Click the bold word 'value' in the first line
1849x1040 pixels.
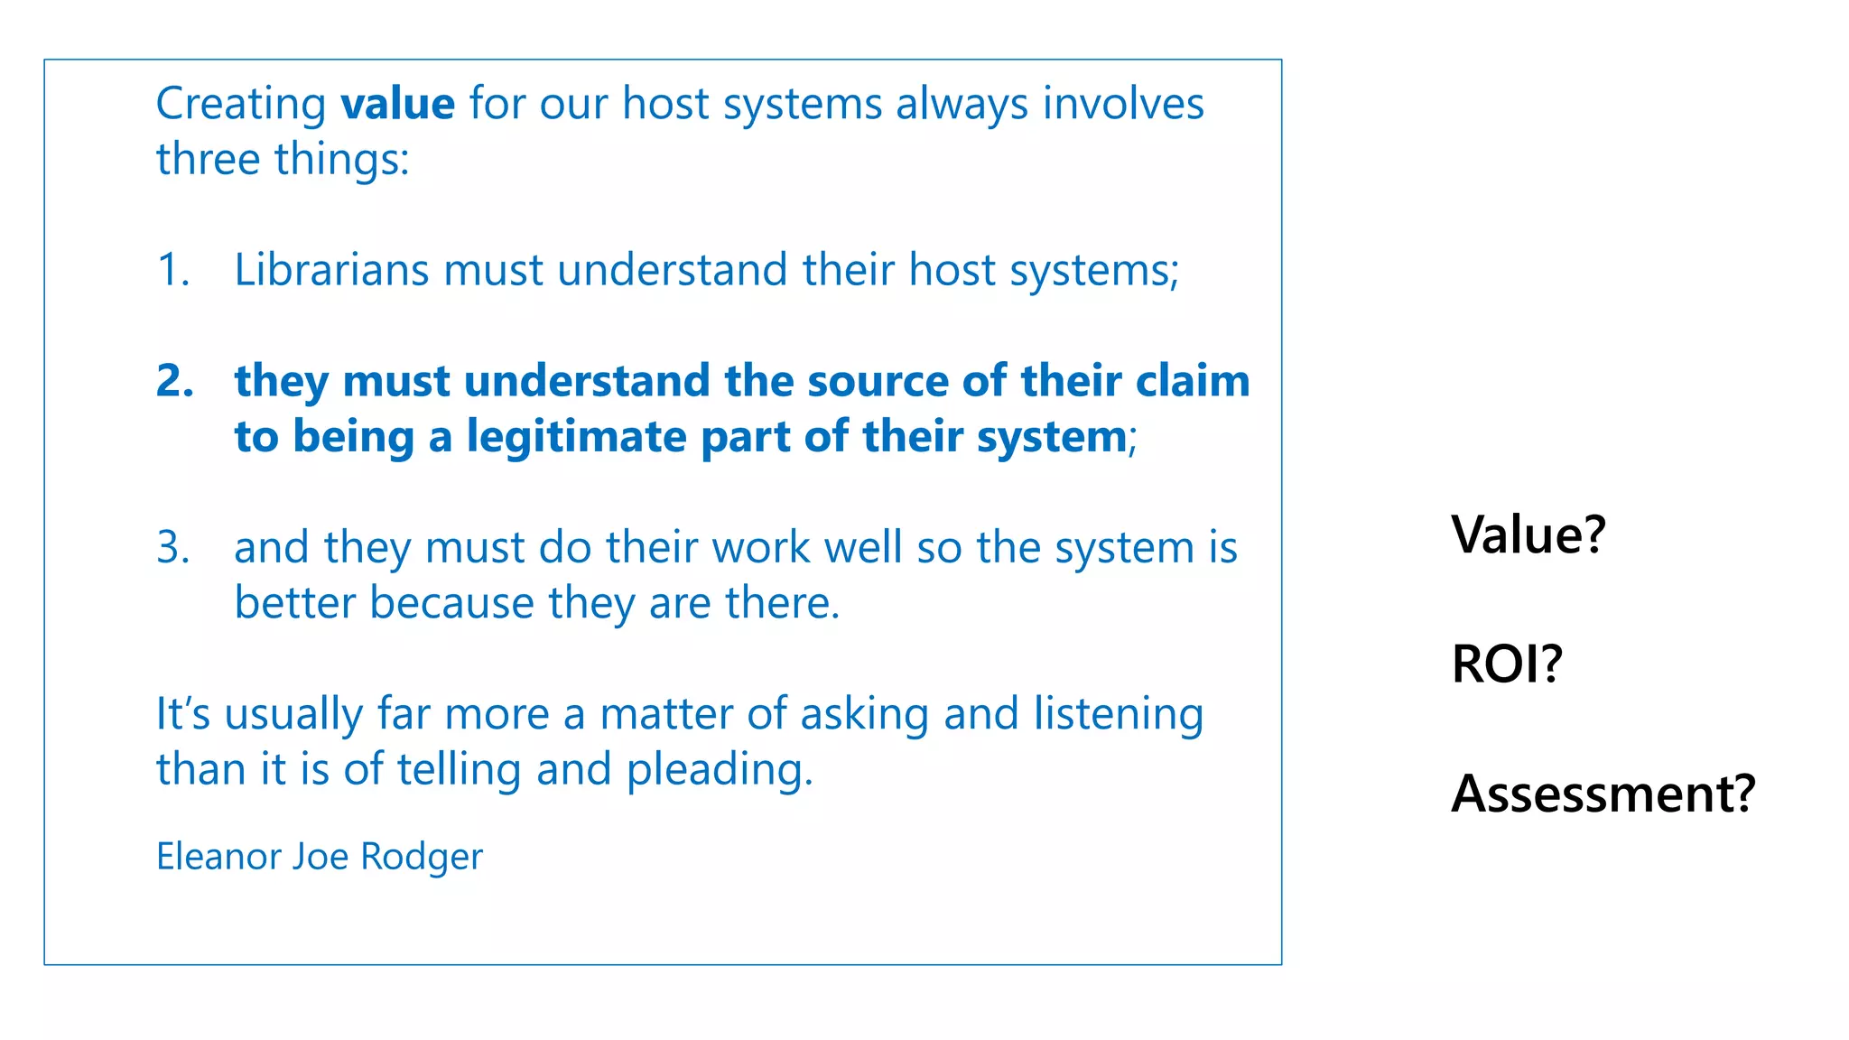(x=397, y=104)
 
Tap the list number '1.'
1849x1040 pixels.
(x=173, y=270)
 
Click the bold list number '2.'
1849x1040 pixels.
(x=175, y=381)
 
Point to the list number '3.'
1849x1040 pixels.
(x=173, y=547)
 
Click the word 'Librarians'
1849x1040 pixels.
(x=331, y=270)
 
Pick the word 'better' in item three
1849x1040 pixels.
(x=294, y=603)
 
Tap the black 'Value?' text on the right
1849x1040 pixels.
(x=1528, y=534)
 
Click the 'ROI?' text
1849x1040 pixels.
(x=1506, y=664)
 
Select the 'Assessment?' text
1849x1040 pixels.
(x=1603, y=794)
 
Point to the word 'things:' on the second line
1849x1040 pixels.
(x=342, y=161)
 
